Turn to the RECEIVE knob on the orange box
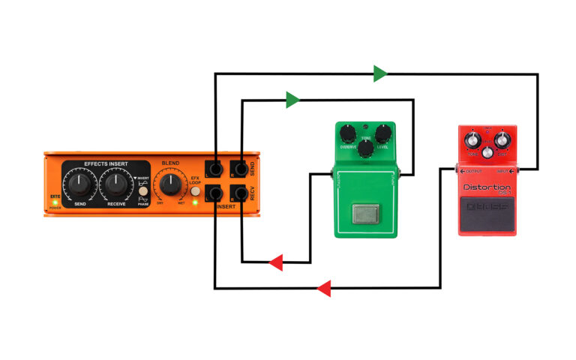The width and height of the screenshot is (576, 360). click(115, 182)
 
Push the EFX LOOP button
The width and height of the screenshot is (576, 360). click(195, 192)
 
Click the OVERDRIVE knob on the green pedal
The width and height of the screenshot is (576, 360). click(347, 134)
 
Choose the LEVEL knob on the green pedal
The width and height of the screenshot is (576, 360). click(383, 134)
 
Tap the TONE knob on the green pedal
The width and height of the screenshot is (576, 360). click(365, 148)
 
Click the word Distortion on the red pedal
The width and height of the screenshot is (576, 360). click(487, 187)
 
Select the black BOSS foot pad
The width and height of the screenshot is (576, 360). click(487, 217)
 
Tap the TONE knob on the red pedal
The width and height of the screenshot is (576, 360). click(473, 139)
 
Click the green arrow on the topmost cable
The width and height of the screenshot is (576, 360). click(380, 73)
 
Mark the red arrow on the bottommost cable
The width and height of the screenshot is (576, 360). click(324, 288)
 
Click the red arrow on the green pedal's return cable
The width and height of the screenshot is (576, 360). click(275, 262)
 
